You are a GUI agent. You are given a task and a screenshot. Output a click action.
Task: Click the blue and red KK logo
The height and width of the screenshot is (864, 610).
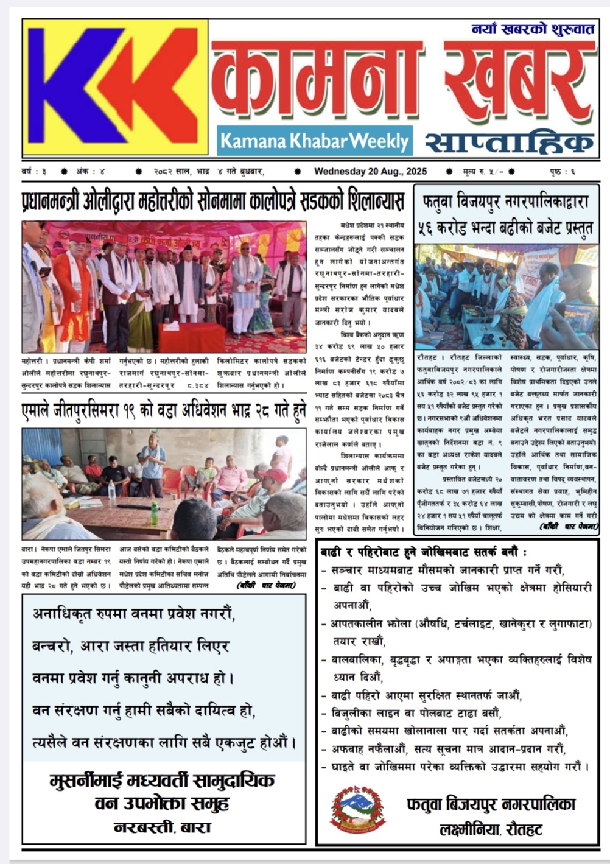tap(115, 87)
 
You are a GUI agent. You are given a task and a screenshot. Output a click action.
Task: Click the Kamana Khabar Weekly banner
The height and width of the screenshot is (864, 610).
tap(314, 141)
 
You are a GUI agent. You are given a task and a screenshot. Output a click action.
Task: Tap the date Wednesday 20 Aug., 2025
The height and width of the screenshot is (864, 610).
tap(370, 172)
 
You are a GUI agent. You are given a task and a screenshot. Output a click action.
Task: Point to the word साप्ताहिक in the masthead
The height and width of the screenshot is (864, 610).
tap(509, 142)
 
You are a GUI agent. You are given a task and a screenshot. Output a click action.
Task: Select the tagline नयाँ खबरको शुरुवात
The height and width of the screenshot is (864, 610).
tap(533, 29)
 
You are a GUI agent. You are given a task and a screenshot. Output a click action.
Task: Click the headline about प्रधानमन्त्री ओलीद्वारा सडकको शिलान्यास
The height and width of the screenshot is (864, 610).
tap(213, 200)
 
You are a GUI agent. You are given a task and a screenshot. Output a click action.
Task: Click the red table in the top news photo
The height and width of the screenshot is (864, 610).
tap(191, 337)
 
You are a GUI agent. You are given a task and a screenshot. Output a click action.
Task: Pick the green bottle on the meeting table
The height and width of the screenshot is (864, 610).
tap(155, 513)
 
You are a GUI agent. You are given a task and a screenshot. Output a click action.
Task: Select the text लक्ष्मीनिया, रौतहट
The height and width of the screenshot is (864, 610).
tap(491, 829)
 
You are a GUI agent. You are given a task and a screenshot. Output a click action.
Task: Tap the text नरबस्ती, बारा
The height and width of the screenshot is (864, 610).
tap(162, 827)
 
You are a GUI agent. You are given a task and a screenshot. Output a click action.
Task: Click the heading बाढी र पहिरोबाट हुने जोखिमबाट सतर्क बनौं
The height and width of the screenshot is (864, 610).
tap(424, 552)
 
